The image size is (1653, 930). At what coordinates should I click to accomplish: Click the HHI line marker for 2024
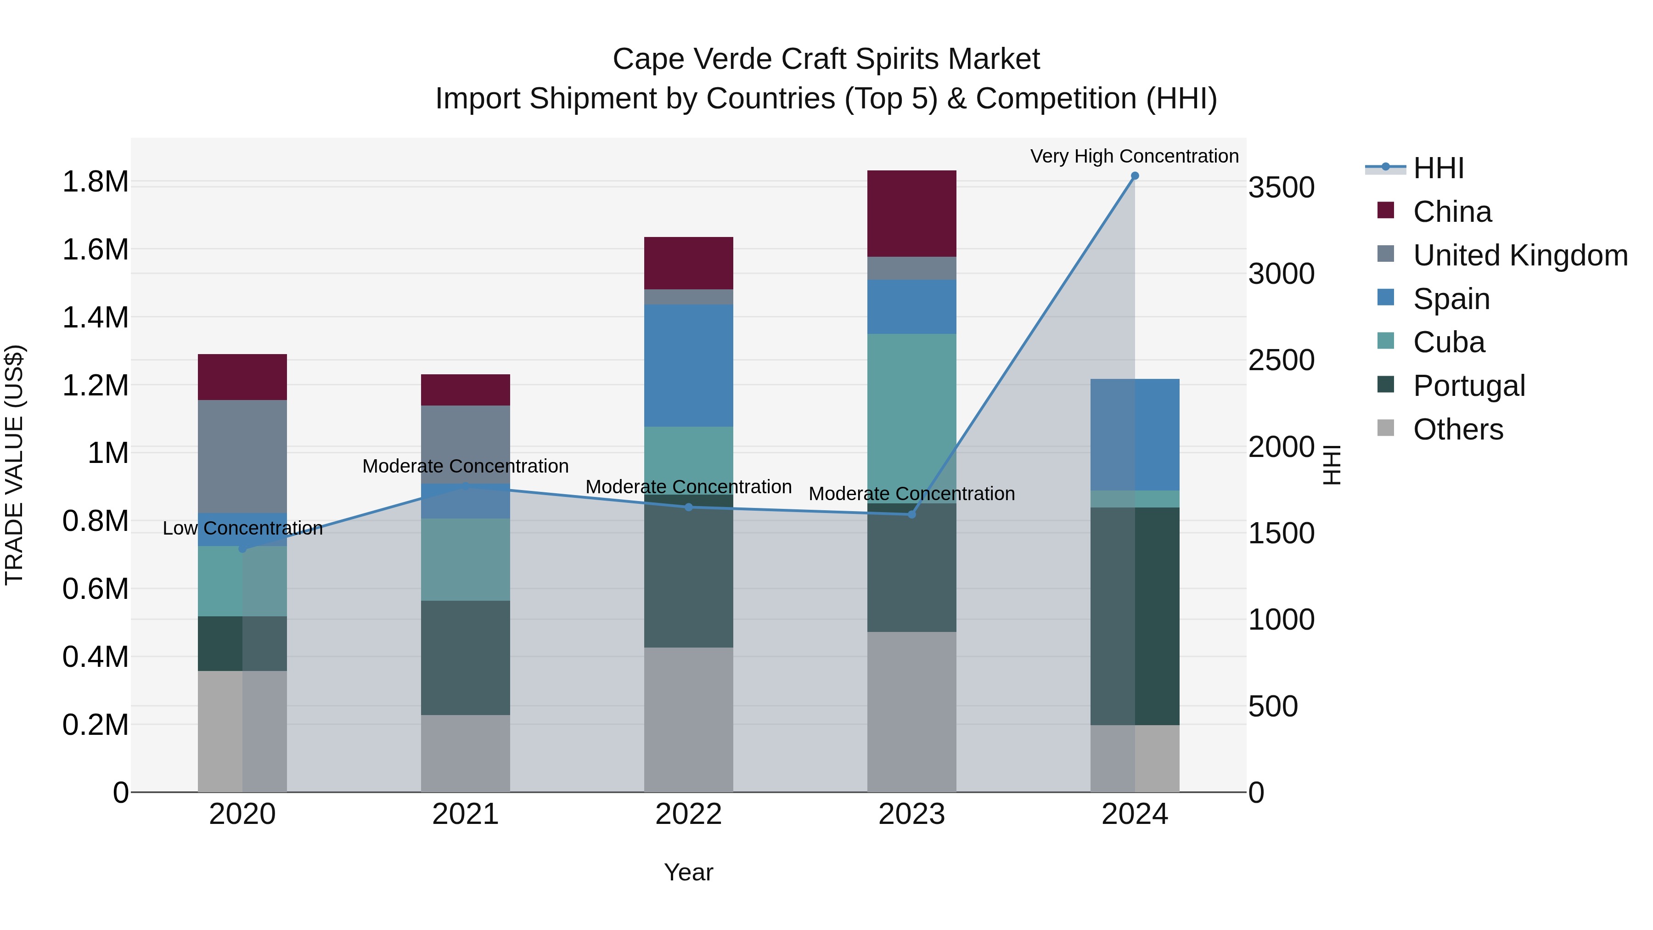1135,176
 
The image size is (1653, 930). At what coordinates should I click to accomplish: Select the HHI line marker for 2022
689,507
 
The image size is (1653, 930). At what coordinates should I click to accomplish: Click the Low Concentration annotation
242,528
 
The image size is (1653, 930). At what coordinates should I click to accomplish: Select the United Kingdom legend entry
1519,255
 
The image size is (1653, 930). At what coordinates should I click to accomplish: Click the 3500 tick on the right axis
1281,188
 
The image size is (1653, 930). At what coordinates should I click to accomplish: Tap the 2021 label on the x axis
465,814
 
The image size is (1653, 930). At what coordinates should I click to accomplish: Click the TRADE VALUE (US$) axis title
14,465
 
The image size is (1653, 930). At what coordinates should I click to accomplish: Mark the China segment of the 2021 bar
465,389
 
